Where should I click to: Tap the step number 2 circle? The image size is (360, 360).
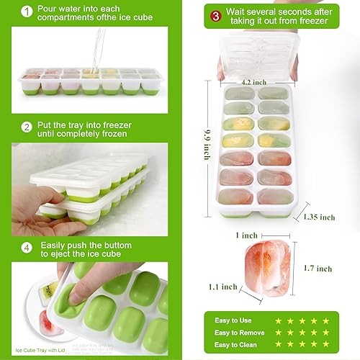pos(27,127)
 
